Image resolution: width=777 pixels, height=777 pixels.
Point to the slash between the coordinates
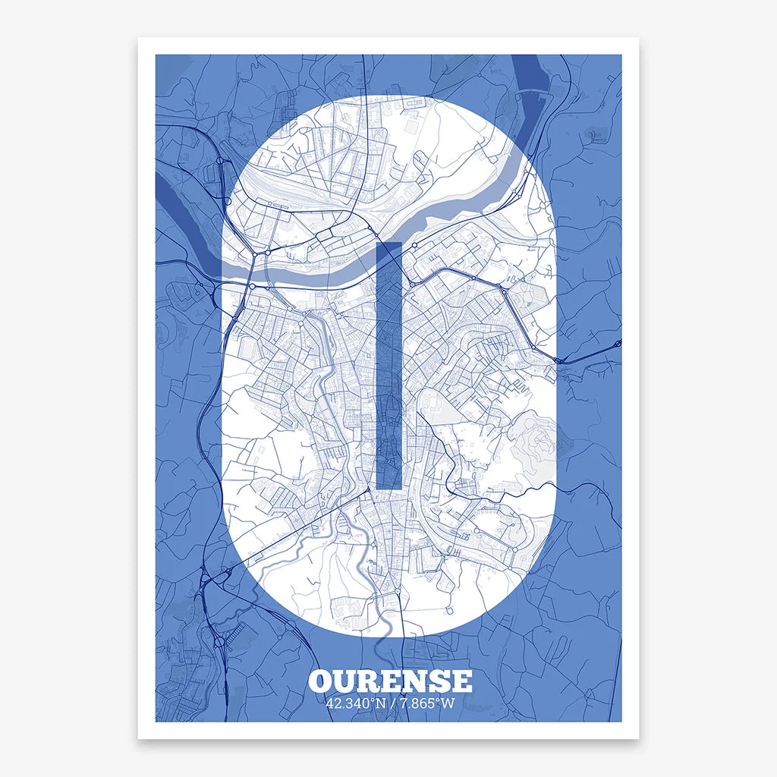pyautogui.click(x=392, y=703)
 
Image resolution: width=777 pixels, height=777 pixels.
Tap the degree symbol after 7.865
pyautogui.click(x=438, y=700)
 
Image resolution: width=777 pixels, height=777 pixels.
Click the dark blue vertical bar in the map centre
pyautogui.click(x=388, y=364)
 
